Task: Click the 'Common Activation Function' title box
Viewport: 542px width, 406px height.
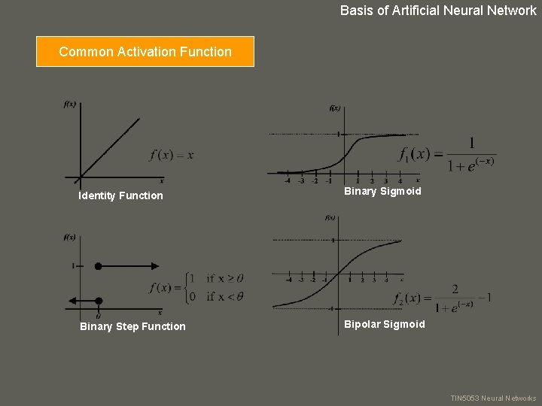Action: [x=145, y=52]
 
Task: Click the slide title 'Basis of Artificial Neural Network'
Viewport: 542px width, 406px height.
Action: [x=438, y=11]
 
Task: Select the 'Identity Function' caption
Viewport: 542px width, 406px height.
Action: [x=120, y=195]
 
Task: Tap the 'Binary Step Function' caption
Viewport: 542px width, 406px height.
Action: [x=132, y=326]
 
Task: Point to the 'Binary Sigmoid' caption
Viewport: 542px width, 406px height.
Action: [x=382, y=192]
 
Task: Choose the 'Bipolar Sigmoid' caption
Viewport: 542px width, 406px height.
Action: [x=384, y=325]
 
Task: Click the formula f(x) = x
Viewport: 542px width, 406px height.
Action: [x=172, y=155]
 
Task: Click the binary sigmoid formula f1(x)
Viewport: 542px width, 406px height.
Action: [x=447, y=155]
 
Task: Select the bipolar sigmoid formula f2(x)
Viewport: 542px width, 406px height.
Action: [x=443, y=298]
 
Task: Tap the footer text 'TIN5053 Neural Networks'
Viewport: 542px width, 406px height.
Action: [x=493, y=398]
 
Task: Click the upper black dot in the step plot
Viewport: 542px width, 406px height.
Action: [x=98, y=265]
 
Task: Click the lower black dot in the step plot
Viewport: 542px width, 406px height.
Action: [x=98, y=301]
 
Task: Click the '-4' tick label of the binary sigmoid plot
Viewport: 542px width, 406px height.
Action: [x=288, y=180]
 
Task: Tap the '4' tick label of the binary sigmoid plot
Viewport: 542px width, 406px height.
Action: [x=400, y=180]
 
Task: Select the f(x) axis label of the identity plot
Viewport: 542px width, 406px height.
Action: [x=70, y=105]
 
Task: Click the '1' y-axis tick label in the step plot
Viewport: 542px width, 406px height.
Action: [x=72, y=265]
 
